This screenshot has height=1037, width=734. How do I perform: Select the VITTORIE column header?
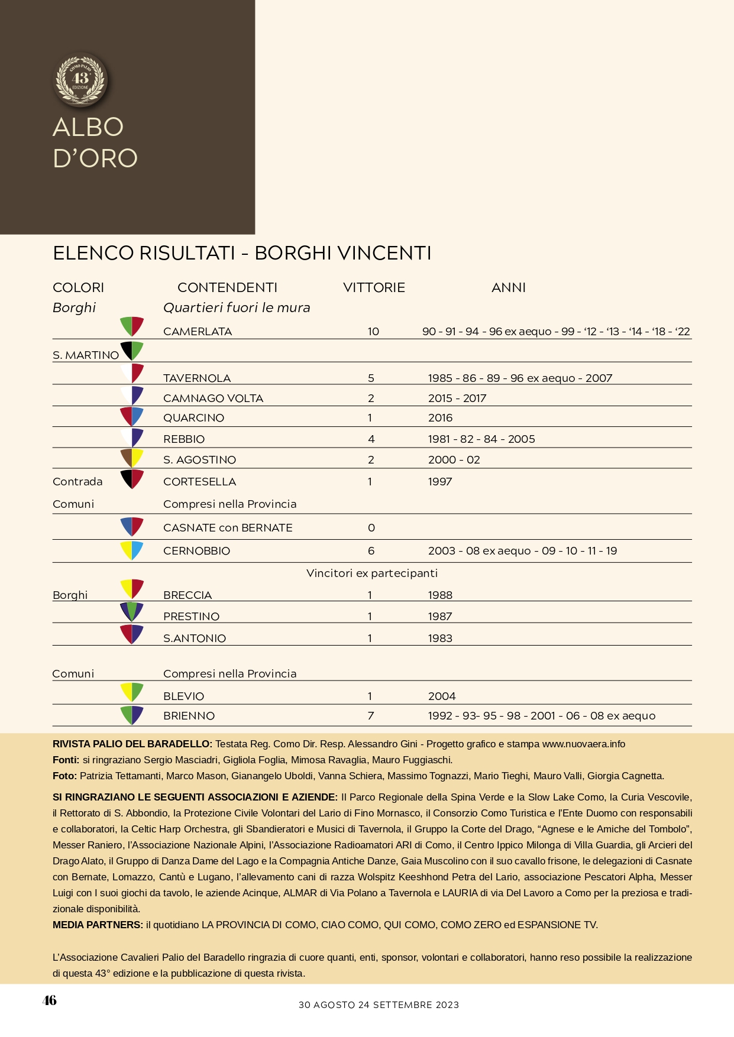click(x=374, y=288)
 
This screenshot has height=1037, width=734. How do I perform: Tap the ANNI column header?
click(x=508, y=288)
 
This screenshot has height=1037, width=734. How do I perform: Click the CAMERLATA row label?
click(x=198, y=332)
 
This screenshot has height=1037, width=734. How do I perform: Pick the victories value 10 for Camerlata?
click(x=373, y=332)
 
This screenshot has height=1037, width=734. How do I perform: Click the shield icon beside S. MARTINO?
click(x=132, y=351)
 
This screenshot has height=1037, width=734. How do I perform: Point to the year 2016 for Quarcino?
click(x=440, y=418)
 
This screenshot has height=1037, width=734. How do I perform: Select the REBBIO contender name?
click(x=184, y=439)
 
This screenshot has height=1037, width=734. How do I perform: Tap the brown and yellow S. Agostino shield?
click(x=132, y=458)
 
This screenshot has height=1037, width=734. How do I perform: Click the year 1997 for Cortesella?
click(x=440, y=482)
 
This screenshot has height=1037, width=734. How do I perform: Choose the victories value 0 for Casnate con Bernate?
click(x=371, y=528)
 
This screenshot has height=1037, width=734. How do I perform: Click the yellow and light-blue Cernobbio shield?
click(x=132, y=550)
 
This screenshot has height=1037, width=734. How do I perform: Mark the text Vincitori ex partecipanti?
click(x=372, y=573)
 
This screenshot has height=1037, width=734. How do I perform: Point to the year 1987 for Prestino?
click(x=440, y=617)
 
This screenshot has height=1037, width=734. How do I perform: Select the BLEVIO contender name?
click(x=184, y=696)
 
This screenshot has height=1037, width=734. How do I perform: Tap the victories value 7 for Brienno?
click(x=371, y=716)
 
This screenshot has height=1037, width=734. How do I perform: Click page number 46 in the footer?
click(x=50, y=1000)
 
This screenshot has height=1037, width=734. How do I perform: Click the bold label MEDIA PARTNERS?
click(x=98, y=925)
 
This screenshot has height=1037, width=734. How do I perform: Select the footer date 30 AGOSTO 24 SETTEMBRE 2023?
click(x=379, y=1005)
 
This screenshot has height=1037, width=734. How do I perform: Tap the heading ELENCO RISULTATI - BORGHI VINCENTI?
click(x=242, y=253)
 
